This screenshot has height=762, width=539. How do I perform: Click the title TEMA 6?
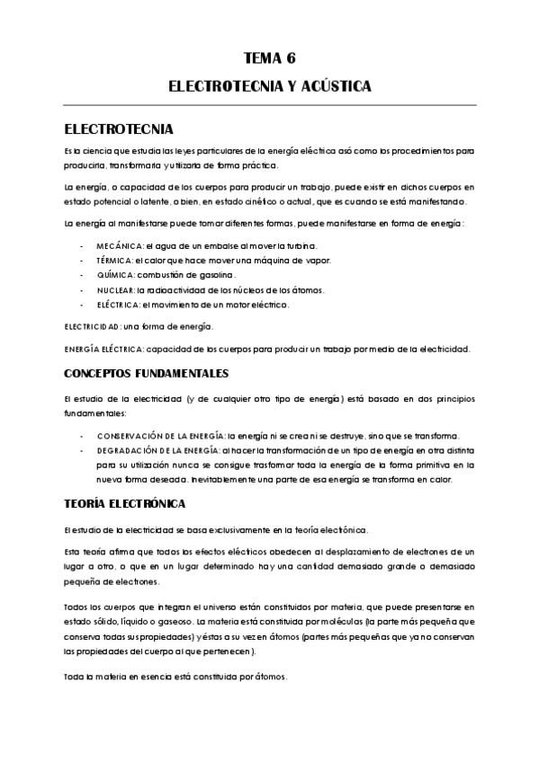pyautogui.click(x=269, y=59)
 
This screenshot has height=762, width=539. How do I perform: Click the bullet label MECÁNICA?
pyautogui.click(x=119, y=245)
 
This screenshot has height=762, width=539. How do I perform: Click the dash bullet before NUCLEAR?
pyautogui.click(x=82, y=290)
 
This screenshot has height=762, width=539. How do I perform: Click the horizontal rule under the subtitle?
pyautogui.click(x=269, y=105)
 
